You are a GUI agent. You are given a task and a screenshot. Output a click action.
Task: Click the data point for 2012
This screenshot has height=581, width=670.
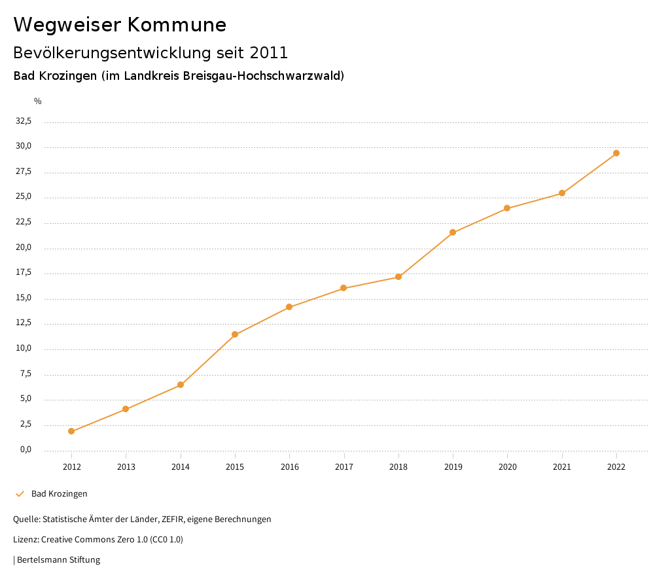pos(71,431)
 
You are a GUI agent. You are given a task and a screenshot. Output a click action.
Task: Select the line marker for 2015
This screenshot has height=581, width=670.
pos(235,334)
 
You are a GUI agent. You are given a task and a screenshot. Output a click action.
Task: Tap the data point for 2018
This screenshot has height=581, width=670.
pos(398,277)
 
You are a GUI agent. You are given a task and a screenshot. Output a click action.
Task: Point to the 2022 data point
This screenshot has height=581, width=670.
pos(616,153)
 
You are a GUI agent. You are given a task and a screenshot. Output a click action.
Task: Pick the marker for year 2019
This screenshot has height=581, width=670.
pos(453,232)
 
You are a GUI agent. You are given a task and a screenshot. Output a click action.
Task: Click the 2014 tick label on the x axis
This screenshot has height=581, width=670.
pos(181,467)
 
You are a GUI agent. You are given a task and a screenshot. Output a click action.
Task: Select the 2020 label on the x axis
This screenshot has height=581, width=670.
pos(508,467)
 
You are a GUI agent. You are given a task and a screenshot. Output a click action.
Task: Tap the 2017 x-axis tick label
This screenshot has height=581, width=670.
pos(344,467)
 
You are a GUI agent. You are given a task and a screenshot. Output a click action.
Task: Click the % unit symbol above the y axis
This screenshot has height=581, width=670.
pos(38,101)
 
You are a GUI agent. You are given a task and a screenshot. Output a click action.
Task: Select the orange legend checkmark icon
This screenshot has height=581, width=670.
pos(20,493)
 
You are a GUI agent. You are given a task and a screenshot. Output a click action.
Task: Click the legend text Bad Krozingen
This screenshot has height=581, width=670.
pos(60,493)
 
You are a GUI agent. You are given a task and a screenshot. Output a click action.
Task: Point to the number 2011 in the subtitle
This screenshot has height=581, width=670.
pos(268,52)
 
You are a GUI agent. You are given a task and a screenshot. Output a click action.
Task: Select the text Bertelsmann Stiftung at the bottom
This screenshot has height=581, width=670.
pos(58,560)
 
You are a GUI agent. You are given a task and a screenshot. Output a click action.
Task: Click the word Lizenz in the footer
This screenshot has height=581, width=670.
pos(26,540)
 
